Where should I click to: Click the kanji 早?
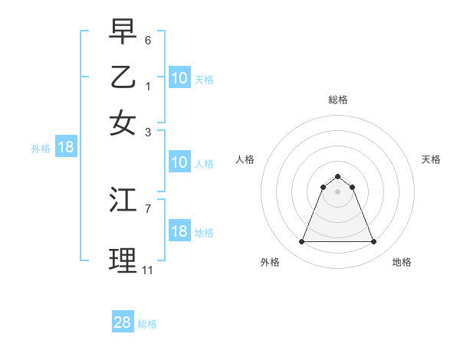pyautogui.click(x=123, y=31)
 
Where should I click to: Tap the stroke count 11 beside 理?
pyautogui.click(x=147, y=270)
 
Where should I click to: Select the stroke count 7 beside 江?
pyautogui.click(x=148, y=208)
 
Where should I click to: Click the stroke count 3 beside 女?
pyautogui.click(x=148, y=132)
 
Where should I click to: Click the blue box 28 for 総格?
pyautogui.click(x=123, y=322)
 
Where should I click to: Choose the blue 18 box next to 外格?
pyautogui.click(x=66, y=148)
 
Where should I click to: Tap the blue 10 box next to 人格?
pyautogui.click(x=179, y=162)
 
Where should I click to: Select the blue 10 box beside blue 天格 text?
pyautogui.click(x=179, y=78)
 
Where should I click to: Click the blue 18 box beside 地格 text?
pyautogui.click(x=179, y=231)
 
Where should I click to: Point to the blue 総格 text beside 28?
pyautogui.click(x=147, y=324)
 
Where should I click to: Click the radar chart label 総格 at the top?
pyautogui.click(x=337, y=100)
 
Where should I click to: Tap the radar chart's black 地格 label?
pyautogui.click(x=402, y=262)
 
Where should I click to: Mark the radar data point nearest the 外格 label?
pyautogui.click(x=301, y=242)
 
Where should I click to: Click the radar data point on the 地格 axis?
pyautogui.click(x=374, y=242)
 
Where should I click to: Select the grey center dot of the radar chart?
pyautogui.click(x=337, y=191)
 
